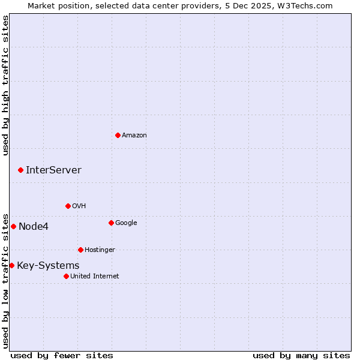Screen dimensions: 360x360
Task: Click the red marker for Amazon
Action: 118,135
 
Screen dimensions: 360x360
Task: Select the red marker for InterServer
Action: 20,170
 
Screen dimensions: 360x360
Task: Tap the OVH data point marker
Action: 68,206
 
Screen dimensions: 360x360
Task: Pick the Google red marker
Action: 111,223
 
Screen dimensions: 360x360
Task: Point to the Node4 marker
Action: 13,226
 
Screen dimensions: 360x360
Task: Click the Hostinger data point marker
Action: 80,250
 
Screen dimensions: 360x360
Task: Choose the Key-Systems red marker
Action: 11,265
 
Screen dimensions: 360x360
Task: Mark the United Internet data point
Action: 66,276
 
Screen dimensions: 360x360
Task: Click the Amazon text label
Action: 134,135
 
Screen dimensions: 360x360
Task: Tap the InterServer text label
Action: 53,170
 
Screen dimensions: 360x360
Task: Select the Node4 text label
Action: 34,226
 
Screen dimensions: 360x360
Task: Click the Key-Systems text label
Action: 48,265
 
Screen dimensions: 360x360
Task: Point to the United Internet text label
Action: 95,276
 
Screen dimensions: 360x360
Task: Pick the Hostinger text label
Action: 100,250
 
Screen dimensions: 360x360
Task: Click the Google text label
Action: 126,223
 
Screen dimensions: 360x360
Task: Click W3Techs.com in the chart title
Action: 306,5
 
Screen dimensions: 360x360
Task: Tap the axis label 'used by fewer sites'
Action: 62,355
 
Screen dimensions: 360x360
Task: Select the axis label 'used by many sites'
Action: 301,355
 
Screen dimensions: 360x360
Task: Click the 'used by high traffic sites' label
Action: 5,85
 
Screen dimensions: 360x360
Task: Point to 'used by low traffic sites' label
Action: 5,280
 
